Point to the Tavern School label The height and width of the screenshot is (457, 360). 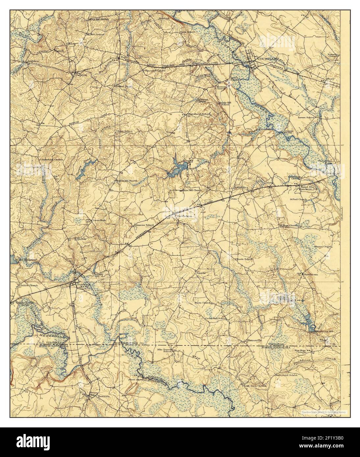(306, 117)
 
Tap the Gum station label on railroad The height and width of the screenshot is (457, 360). (233, 199)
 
